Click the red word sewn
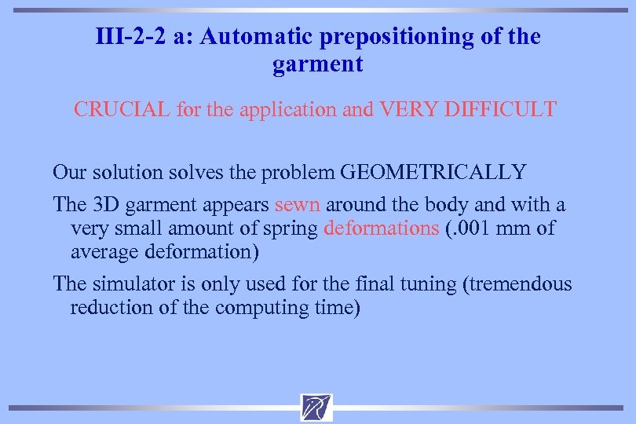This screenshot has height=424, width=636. (297, 205)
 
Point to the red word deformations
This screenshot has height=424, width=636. (381, 228)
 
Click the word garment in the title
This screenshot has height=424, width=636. (318, 64)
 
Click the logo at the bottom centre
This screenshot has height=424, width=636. (316, 407)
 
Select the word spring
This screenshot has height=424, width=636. (294, 229)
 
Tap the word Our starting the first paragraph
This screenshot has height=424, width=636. (69, 171)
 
